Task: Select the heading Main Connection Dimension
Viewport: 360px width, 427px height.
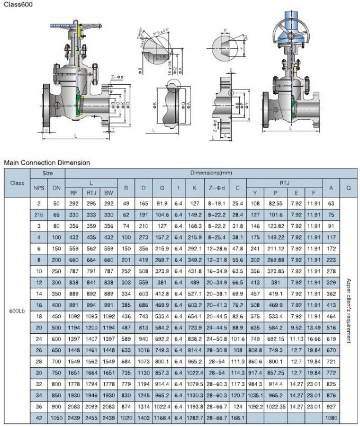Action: tap(47, 163)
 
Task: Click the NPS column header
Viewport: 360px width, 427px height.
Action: tap(39, 188)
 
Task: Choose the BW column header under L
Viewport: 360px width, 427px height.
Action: tap(109, 193)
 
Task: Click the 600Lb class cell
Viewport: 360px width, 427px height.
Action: tap(17, 312)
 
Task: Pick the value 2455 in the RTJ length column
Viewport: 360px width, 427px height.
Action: tap(91, 418)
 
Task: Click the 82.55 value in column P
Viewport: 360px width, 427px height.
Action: tap(275, 203)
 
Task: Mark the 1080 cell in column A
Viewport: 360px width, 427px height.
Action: tap(332, 418)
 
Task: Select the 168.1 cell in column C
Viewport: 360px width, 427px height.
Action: tap(238, 418)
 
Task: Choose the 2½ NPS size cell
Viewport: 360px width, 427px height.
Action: tap(39, 214)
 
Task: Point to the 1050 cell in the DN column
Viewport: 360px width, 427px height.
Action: tap(57, 418)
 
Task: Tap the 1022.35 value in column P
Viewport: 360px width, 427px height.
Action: tap(275, 407)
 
